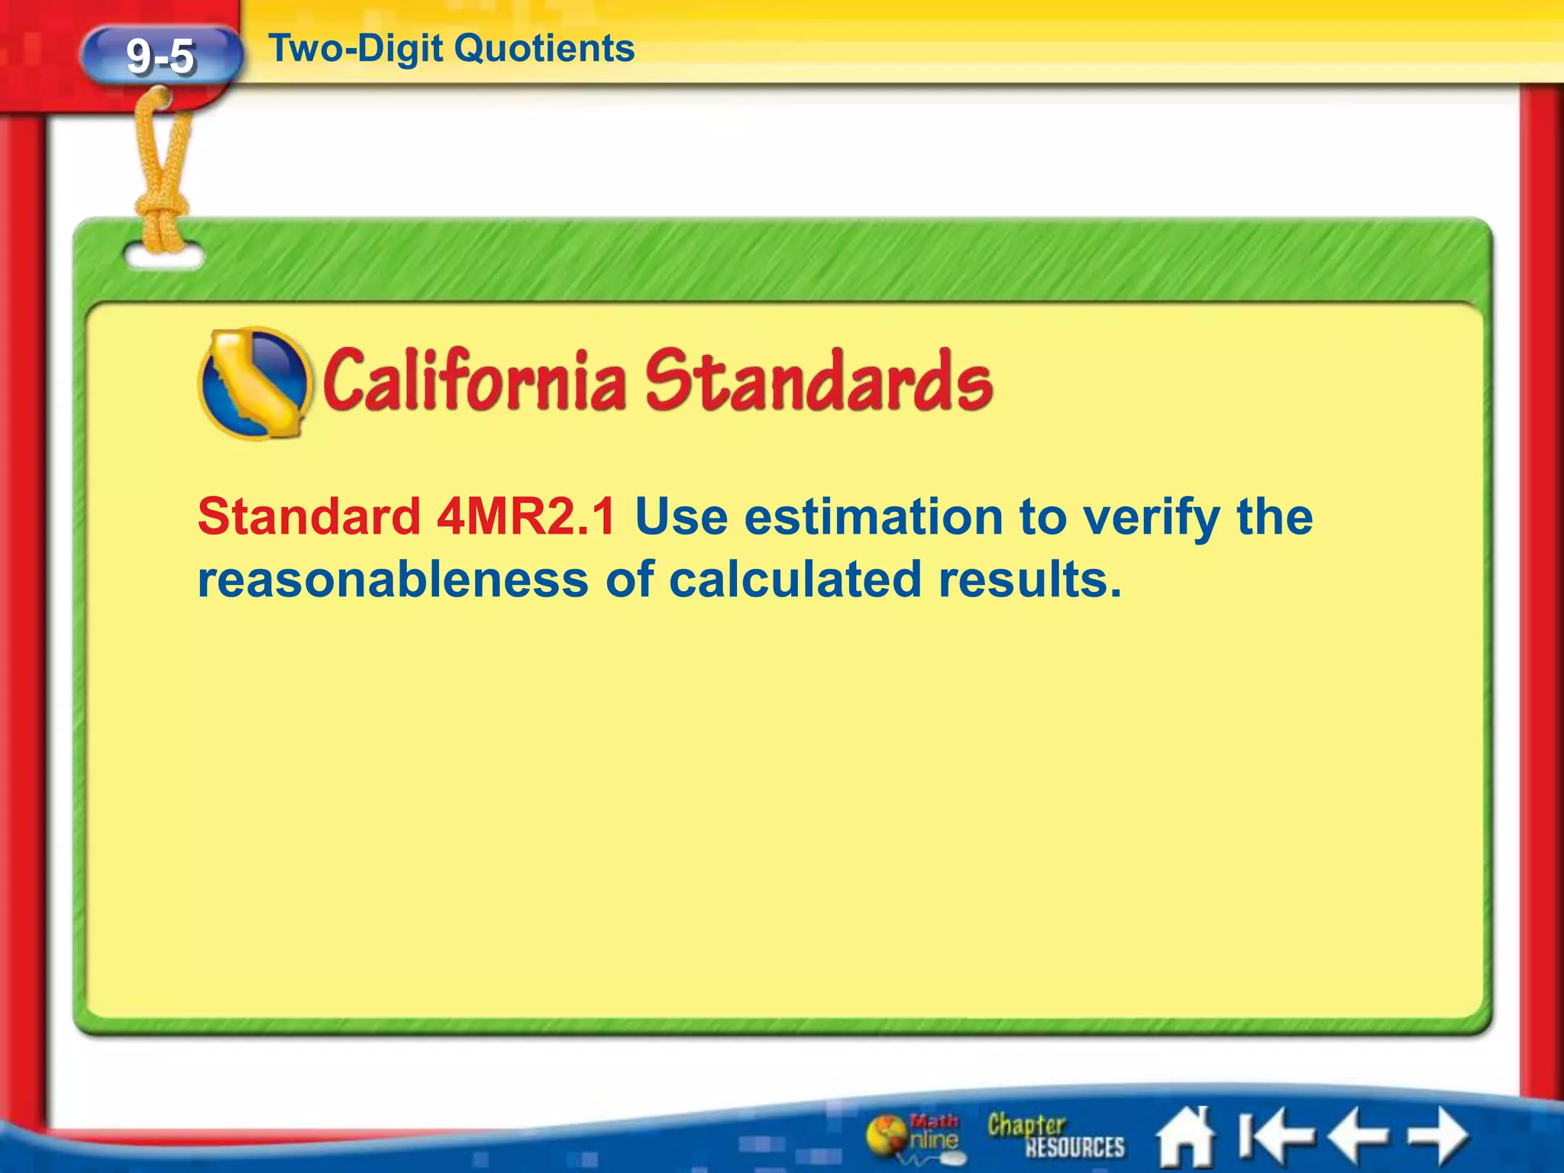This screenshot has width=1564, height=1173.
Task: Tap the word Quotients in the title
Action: (544, 49)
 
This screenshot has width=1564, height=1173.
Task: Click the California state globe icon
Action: (254, 383)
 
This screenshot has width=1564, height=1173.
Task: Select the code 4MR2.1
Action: (526, 517)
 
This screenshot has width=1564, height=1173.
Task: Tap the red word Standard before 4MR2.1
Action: (309, 517)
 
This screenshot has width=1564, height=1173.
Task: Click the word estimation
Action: (873, 517)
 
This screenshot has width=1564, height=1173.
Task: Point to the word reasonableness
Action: (393, 580)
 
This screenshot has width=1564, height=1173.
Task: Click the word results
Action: (1030, 580)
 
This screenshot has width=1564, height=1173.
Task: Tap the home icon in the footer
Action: (1184, 1136)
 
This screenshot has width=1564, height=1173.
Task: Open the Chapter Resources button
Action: (1055, 1136)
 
